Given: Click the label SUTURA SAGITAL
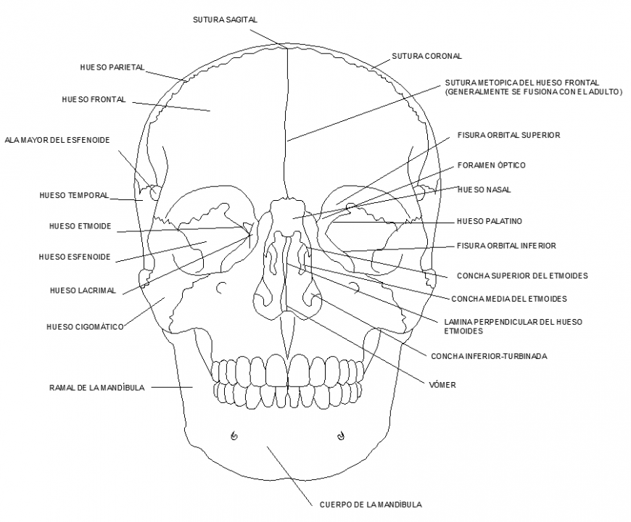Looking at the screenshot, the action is pyautogui.click(x=225, y=20).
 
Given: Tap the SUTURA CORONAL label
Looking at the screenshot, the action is pyautogui.click(x=426, y=56).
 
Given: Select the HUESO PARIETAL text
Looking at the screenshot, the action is pyautogui.click(x=112, y=67).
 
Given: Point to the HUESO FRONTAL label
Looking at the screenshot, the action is pyautogui.click(x=94, y=99).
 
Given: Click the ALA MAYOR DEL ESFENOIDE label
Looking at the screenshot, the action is pyautogui.click(x=57, y=140).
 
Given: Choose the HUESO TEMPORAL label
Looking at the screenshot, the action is pyautogui.click(x=74, y=195).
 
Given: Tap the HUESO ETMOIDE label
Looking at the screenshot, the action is pyautogui.click(x=81, y=226).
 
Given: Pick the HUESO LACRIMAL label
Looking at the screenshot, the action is pyautogui.click(x=83, y=291).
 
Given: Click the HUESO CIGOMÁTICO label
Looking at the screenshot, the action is pyautogui.click(x=85, y=327).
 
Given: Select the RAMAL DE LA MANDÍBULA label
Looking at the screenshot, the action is pyautogui.click(x=97, y=388).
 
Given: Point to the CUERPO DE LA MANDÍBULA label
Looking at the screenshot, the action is pyautogui.click(x=371, y=505).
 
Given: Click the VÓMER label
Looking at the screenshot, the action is pyautogui.click(x=442, y=385).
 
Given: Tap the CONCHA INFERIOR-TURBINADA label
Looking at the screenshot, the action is pyautogui.click(x=489, y=356).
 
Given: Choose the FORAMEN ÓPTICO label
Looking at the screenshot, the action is pyautogui.click(x=491, y=165).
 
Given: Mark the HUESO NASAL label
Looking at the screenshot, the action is pyautogui.click(x=484, y=190).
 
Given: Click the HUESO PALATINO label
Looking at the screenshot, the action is pyautogui.click(x=490, y=221).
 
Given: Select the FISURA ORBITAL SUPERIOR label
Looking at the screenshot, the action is pyautogui.click(x=508, y=135).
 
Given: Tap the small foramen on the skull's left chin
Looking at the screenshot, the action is pyautogui.click(x=340, y=436).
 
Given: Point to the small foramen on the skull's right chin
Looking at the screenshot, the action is pyautogui.click(x=234, y=436).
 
